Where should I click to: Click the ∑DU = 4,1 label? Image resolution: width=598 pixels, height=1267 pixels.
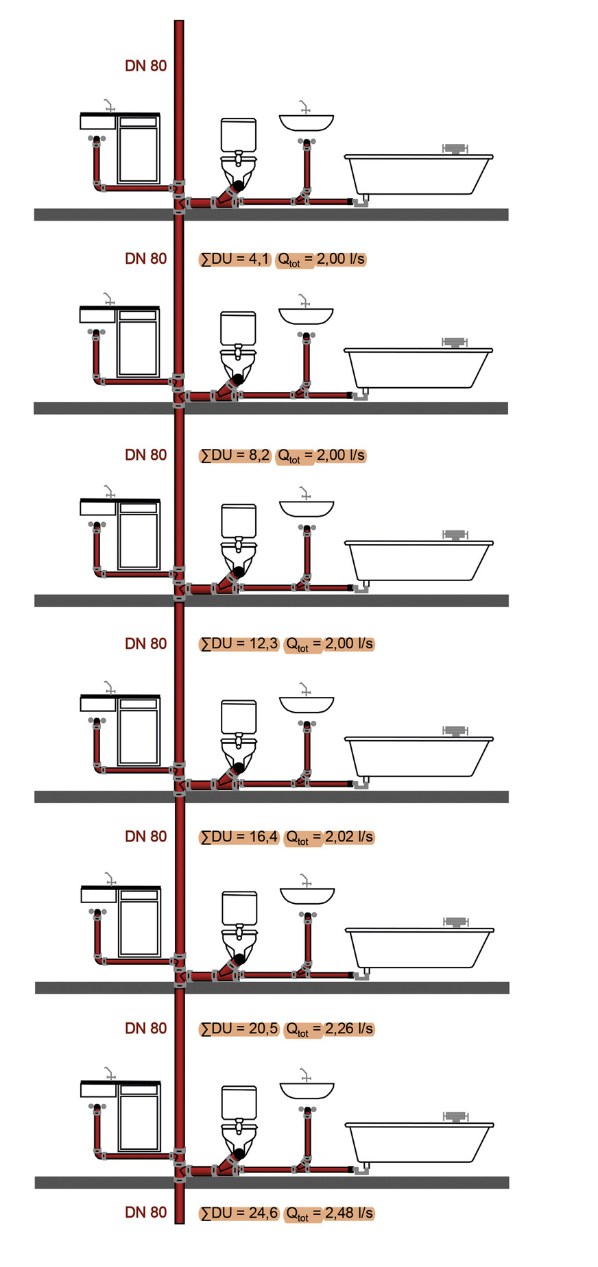pyautogui.click(x=235, y=259)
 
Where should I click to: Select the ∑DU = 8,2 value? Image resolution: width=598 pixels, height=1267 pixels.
pyautogui.click(x=235, y=456)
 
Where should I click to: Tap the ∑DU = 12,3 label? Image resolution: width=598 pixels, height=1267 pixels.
pyautogui.click(x=239, y=644)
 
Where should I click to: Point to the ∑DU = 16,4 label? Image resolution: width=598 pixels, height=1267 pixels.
pyautogui.click(x=239, y=837)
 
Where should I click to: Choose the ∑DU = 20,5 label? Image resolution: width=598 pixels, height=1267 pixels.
pyautogui.click(x=239, y=1029)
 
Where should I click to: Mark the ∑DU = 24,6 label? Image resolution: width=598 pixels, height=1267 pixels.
pyautogui.click(x=239, y=1214)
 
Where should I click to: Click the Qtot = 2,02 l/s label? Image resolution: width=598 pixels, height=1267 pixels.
pyautogui.click(x=329, y=837)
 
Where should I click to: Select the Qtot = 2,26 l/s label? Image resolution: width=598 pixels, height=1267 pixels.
pyautogui.click(x=329, y=1029)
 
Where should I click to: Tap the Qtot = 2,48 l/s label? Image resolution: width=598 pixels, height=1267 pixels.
pyautogui.click(x=329, y=1214)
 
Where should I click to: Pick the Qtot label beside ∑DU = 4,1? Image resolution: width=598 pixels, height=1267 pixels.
pyautogui.click(x=321, y=260)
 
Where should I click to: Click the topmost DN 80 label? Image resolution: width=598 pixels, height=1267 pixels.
pyautogui.click(x=146, y=66)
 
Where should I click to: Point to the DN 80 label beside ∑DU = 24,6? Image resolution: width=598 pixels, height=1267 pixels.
pyautogui.click(x=146, y=1213)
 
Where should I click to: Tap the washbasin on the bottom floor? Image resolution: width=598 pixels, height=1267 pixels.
pyautogui.click(x=307, y=1090)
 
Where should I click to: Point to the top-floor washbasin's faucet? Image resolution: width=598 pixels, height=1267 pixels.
pyautogui.click(x=304, y=107)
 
